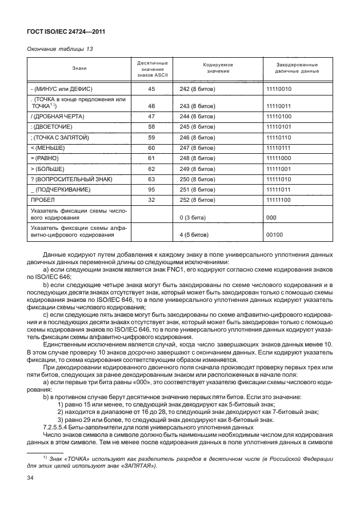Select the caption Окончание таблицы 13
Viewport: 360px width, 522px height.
coord(60,49)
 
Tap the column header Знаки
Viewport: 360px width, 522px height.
coord(80,68)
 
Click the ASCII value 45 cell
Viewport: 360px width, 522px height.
coord(151,90)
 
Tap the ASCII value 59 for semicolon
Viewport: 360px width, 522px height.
coord(151,137)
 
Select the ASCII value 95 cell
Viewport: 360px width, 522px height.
coord(151,190)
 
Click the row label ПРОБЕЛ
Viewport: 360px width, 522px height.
coord(42,200)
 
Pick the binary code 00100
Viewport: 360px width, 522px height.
coord(275,234)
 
